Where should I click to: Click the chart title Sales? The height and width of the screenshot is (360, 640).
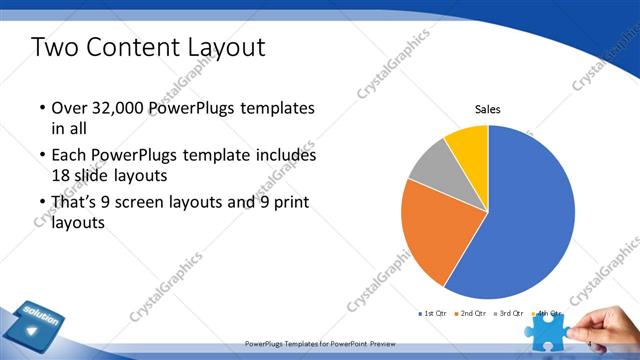pos(487,109)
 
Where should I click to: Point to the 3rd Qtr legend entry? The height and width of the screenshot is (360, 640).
pos(510,314)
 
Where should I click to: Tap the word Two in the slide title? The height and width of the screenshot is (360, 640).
pos(57,47)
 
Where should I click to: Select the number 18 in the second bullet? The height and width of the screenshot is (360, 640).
pos(61,175)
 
